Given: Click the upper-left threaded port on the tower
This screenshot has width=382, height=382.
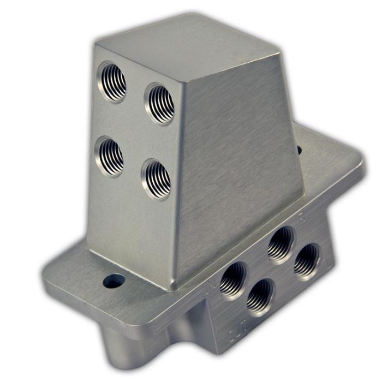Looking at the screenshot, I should coord(112,82).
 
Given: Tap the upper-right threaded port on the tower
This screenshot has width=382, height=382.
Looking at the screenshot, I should coord(160,104).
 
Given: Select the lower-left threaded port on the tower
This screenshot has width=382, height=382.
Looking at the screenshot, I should coord(109,156).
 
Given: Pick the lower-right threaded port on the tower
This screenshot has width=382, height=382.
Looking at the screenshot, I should coord(157,179).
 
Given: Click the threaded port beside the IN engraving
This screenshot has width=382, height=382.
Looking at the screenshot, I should coord(234,279).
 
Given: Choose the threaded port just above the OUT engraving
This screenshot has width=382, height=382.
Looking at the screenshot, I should coord(260,297).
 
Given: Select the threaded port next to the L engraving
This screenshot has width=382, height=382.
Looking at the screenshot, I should coord(307,261).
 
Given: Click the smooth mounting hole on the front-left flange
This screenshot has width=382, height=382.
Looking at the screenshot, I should coord(114,281).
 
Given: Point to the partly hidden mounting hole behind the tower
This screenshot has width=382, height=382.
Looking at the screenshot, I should coord(299,148).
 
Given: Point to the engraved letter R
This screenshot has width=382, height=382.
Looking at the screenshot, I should coord(301,220).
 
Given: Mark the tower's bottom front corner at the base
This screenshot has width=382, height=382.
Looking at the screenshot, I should coord(174,288).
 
